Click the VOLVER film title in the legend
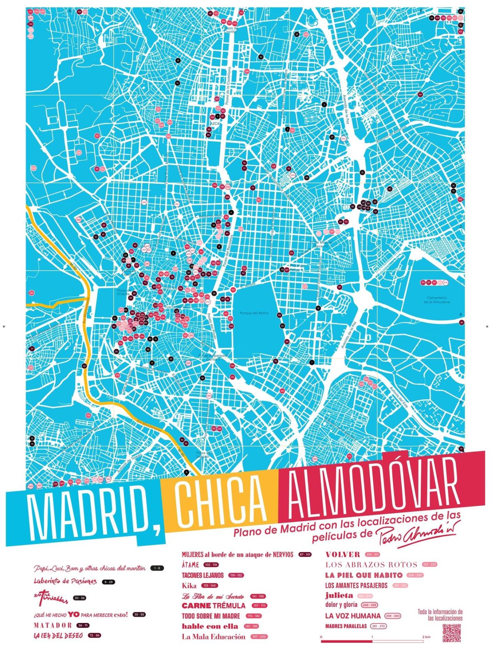(x=343, y=554)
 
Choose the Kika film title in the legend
(x=189, y=585)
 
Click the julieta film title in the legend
(x=339, y=596)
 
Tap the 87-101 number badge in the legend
(x=306, y=555)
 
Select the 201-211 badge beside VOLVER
(x=372, y=555)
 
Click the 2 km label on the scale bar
(x=426, y=637)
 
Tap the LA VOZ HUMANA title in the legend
(x=353, y=616)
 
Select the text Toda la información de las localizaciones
(x=440, y=615)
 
